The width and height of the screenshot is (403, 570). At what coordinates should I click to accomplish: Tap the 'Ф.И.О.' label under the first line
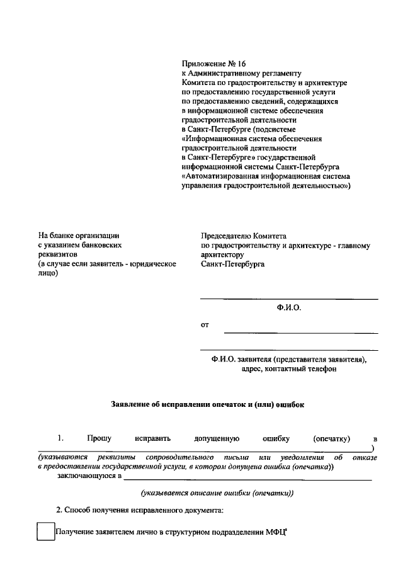[289, 308]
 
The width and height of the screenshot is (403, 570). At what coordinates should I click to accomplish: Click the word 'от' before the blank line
[204, 326]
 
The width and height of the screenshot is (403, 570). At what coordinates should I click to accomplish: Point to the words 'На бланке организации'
[78, 236]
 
